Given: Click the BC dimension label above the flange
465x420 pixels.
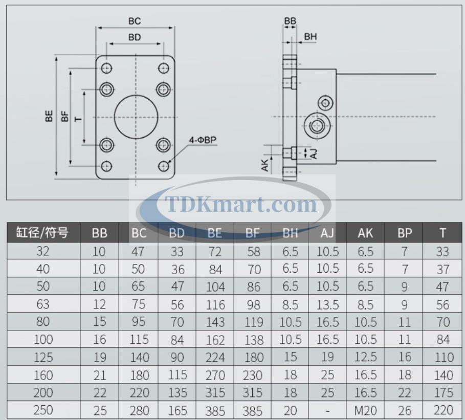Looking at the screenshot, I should (135, 21).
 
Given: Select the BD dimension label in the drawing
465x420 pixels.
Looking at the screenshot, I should (135, 37).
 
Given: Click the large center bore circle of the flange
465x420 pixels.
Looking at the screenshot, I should (136, 117).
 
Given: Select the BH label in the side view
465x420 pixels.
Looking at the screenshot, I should (311, 37).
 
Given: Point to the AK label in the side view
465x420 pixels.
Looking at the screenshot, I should (265, 164).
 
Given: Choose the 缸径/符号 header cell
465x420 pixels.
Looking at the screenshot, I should (43, 233).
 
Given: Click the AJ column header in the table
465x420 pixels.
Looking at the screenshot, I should (327, 233).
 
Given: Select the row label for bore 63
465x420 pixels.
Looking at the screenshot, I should (43, 304).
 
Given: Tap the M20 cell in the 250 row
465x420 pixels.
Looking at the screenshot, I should (365, 410).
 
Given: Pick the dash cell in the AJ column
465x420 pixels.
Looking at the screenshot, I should (327, 410).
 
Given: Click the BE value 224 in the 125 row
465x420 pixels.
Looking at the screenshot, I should (215, 357).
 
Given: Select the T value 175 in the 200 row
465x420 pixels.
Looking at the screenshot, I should (443, 392).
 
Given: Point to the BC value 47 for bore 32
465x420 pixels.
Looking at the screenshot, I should (138, 251).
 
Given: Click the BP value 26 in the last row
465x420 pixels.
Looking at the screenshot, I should (405, 410).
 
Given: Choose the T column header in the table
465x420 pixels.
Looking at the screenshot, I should (443, 233).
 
